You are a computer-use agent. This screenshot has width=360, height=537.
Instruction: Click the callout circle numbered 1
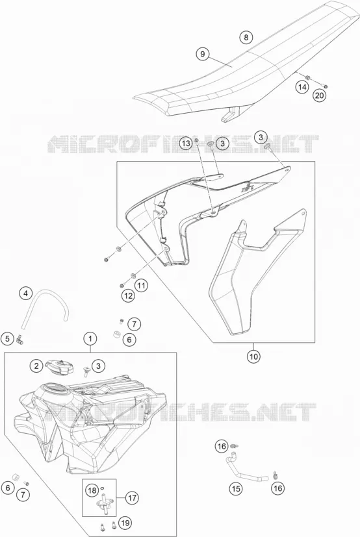point(90,339)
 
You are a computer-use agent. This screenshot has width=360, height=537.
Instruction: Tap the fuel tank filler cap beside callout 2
point(60,366)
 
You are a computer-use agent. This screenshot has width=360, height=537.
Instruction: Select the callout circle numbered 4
point(26,293)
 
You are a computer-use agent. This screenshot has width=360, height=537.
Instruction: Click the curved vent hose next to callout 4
point(45,303)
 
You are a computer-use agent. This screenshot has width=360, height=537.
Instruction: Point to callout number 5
point(8,339)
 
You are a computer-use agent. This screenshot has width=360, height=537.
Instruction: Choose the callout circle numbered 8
point(246,37)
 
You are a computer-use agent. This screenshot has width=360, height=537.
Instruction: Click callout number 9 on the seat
point(203,54)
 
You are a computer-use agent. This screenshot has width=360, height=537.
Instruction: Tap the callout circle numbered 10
point(253,356)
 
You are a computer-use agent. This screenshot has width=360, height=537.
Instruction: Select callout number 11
point(141,284)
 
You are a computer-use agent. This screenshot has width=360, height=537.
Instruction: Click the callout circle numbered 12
point(128,296)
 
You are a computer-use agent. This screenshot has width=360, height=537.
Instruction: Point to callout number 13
point(186,143)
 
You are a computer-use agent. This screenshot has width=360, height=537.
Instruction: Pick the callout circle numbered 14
point(302,87)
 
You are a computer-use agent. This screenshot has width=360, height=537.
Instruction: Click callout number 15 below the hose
point(237,488)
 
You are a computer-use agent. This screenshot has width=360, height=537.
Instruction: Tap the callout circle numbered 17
point(133,497)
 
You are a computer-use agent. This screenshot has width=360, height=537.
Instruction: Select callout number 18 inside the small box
point(92,491)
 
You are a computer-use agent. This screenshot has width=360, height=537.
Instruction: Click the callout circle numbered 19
point(126,523)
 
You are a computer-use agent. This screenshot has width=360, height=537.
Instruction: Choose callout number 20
point(319,95)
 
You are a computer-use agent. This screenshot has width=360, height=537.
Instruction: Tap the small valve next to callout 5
point(20,340)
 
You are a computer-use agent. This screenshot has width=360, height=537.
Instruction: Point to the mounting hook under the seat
point(231,114)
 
